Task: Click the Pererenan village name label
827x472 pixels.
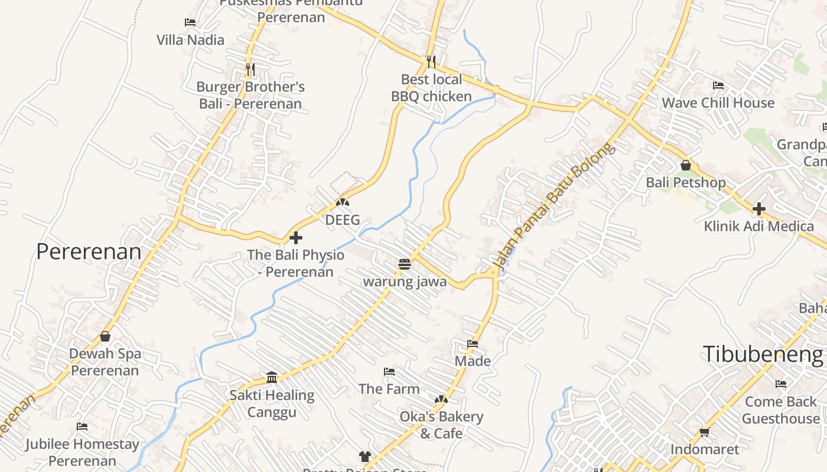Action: click(89, 252)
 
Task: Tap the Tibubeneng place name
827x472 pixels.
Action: click(763, 355)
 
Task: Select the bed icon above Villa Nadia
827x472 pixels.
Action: click(190, 22)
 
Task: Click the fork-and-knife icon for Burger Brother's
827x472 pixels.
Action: click(250, 69)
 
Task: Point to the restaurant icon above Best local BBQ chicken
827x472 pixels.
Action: click(431, 61)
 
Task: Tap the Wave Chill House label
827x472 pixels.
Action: click(718, 103)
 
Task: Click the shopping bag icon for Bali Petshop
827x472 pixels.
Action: click(686, 165)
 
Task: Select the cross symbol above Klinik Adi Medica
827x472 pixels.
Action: click(759, 208)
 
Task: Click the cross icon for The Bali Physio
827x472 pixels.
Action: click(296, 238)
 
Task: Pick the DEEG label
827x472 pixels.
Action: click(343, 220)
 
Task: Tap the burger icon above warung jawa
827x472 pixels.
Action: click(405, 264)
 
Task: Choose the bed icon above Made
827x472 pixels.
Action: click(473, 343)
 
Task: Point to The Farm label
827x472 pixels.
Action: click(389, 389)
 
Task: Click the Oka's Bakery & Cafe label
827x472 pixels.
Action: click(441, 425)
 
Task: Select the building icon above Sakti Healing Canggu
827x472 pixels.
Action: click(272, 377)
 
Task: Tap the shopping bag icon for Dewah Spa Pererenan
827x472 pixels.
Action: click(105, 336)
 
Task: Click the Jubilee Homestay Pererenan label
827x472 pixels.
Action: click(83, 452)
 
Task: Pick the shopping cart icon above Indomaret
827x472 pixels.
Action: click(704, 432)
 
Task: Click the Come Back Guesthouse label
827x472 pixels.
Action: click(781, 410)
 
